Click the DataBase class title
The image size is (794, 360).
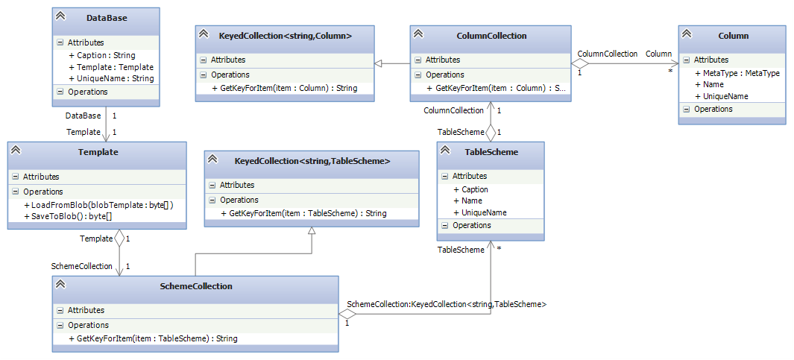click(107, 18)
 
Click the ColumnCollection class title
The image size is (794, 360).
click(491, 35)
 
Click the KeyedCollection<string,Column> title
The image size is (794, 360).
click(286, 35)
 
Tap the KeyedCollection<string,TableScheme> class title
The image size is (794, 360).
click(312, 160)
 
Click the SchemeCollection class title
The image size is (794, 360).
click(196, 285)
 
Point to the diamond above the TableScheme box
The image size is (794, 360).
click(491, 133)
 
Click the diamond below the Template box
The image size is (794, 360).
click(119, 239)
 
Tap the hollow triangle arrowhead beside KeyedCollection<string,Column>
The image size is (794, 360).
click(379, 64)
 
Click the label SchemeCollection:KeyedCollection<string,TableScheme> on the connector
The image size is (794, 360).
click(447, 304)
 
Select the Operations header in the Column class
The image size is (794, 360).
click(713, 109)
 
